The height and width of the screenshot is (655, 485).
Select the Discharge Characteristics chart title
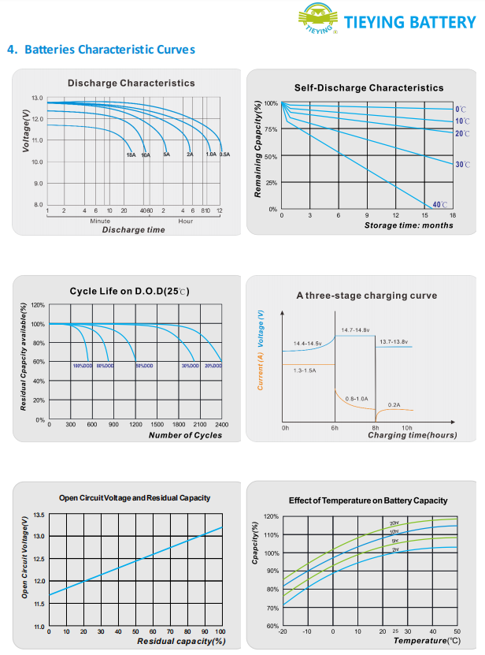point(131,83)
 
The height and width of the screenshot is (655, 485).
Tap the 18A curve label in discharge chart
point(131,154)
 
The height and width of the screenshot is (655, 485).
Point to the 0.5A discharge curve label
point(224,154)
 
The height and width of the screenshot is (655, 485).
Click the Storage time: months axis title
point(409,225)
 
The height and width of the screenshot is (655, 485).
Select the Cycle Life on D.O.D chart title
point(130,291)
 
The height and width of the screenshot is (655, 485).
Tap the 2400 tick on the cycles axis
point(221,424)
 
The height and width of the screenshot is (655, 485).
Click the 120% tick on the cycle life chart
point(39,305)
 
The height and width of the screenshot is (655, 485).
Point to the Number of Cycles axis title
point(185,435)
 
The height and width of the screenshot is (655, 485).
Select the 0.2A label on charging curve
point(394,404)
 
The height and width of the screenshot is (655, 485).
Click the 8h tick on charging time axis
point(376,427)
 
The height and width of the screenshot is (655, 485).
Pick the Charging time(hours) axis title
point(412,435)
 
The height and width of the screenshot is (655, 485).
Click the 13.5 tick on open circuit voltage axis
point(40,515)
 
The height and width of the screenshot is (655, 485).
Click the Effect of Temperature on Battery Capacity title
point(368,501)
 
